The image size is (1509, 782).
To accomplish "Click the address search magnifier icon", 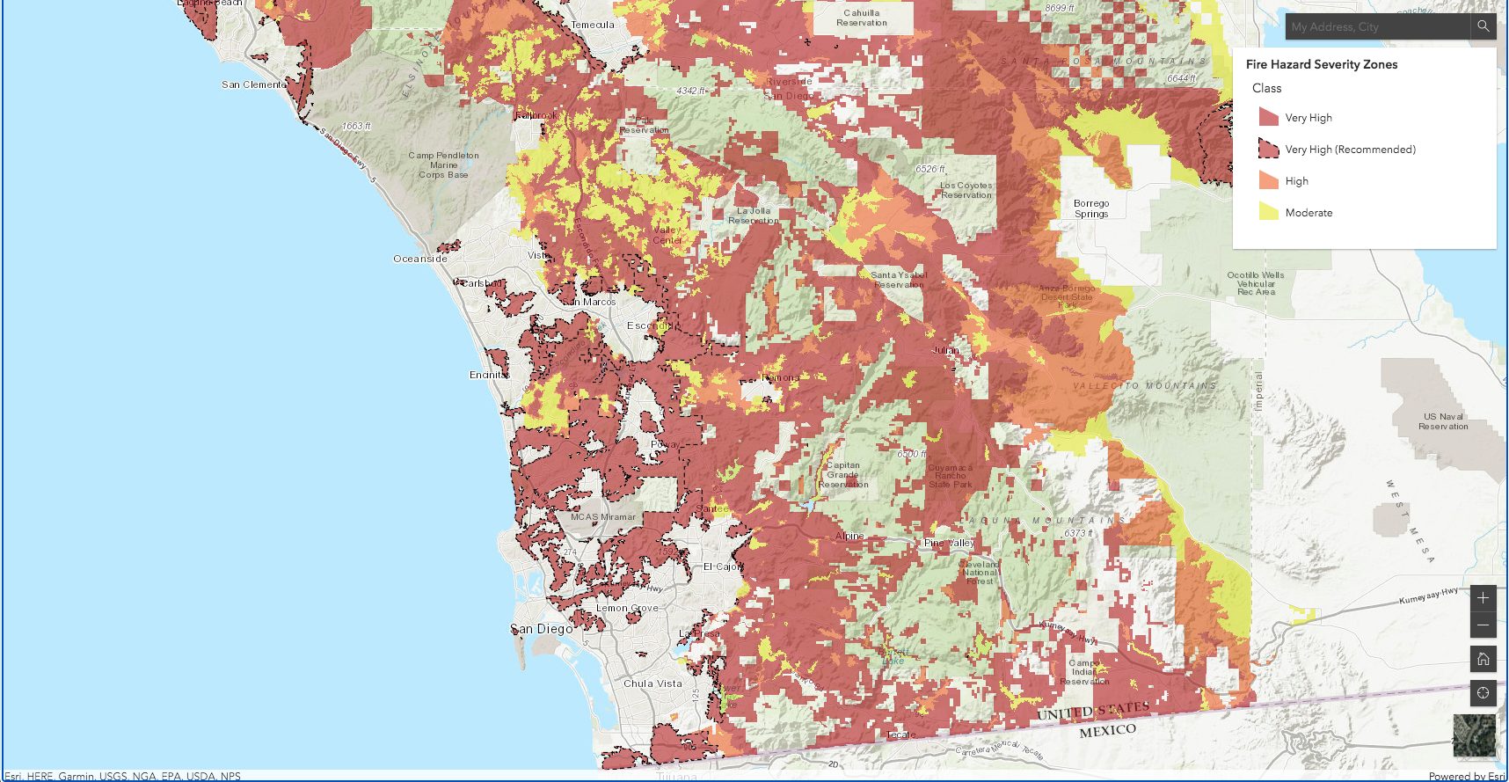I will click(x=1483, y=26).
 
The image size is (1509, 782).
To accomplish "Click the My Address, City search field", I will click(x=1376, y=27).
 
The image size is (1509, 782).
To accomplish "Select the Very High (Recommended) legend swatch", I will click(x=1268, y=149).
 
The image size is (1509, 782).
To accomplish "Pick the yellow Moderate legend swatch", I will click(x=1268, y=212).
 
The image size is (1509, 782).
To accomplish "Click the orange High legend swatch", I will click(x=1268, y=180).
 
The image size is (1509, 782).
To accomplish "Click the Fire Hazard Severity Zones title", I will click(x=1321, y=64).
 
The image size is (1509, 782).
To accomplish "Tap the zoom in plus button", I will click(x=1483, y=598).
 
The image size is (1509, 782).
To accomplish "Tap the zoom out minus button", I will click(x=1483, y=625).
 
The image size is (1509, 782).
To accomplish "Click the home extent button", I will click(x=1483, y=659).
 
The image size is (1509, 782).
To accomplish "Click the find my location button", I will click(x=1483, y=693).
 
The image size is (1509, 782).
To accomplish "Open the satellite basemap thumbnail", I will click(x=1474, y=735).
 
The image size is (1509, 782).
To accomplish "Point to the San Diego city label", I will click(x=542, y=629).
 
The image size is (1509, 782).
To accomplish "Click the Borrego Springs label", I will click(x=1091, y=208).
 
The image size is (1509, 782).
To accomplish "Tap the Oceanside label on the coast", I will click(x=420, y=259).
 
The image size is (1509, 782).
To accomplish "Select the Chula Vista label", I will click(x=652, y=683).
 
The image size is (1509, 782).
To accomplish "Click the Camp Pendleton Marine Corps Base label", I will click(x=443, y=164).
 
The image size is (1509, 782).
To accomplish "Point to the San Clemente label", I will click(x=253, y=84).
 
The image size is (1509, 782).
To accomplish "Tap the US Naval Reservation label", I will click(x=1443, y=421).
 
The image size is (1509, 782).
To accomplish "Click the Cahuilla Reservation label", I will click(x=862, y=18).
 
